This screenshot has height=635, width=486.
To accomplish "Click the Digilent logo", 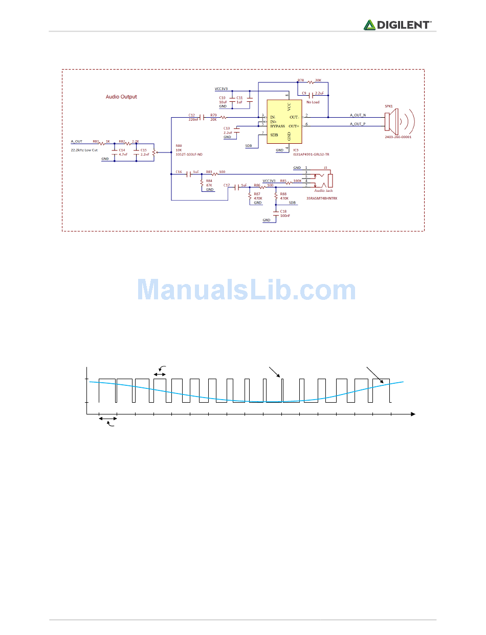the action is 397,25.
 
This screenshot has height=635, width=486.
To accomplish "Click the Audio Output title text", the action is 121,97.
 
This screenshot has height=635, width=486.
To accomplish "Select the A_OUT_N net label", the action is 358,115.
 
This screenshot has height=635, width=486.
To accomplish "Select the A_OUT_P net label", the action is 358,124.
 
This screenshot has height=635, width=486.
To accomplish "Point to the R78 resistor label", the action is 300,80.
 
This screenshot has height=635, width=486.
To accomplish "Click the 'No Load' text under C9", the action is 313,102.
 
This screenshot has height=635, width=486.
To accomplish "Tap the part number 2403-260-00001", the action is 398,137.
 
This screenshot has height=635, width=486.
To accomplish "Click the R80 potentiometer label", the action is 179,145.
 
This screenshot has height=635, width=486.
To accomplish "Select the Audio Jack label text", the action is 323,190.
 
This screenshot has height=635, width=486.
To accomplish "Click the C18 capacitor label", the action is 283,211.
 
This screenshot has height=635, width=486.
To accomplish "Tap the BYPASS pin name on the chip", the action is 277,126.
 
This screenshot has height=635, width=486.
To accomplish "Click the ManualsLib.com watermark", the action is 247,290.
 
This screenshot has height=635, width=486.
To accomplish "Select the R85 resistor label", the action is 283,181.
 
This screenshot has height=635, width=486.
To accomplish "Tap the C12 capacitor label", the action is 192,115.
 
